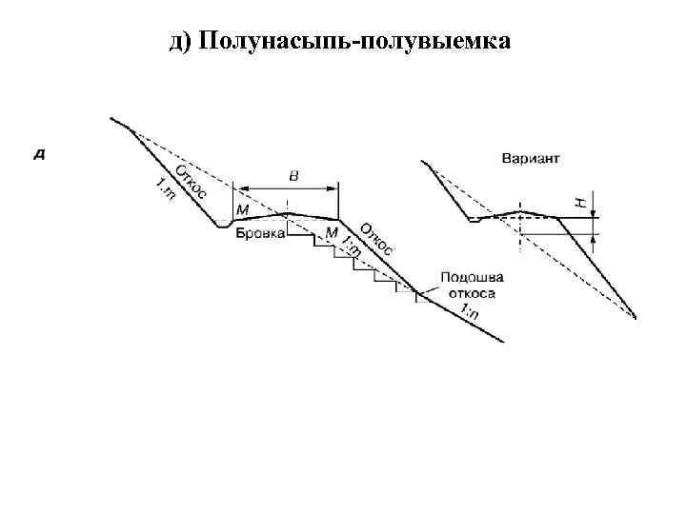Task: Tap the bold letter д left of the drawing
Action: [x=40, y=152]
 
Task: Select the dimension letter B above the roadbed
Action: [x=292, y=175]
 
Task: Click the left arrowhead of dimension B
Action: [x=238, y=188]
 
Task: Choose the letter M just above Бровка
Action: [x=242, y=209]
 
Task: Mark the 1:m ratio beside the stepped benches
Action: [x=351, y=246]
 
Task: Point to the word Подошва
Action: [x=473, y=278]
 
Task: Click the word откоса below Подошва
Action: [x=470, y=294]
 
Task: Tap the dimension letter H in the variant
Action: [x=579, y=202]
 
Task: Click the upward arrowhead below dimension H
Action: [x=594, y=238]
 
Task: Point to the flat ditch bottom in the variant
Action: [x=474, y=220]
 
